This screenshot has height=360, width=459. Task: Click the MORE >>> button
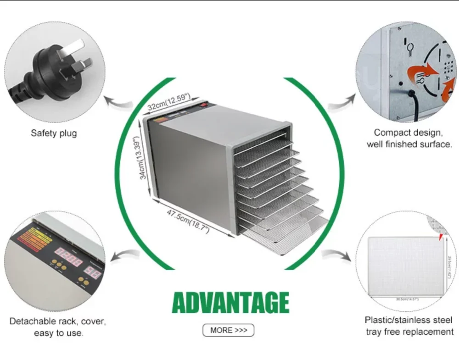coord(228,330)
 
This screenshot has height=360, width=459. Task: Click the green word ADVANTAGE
coord(230,303)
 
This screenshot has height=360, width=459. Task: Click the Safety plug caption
coord(54,133)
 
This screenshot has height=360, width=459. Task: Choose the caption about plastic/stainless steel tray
coord(409,326)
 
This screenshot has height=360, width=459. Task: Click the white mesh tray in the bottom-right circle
coord(404,266)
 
